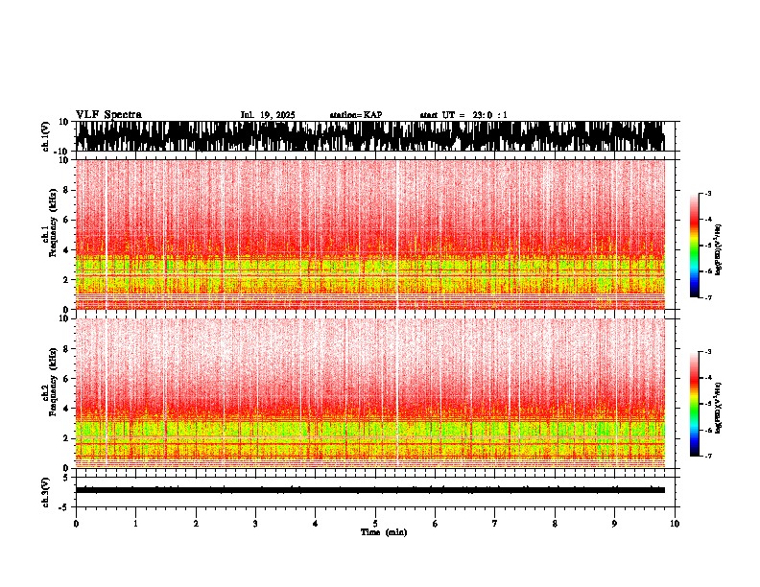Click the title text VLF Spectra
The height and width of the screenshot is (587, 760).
(x=108, y=115)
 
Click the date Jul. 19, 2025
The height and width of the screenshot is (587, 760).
(x=268, y=115)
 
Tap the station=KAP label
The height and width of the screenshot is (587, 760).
(x=356, y=115)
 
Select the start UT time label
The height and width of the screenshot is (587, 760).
(x=463, y=115)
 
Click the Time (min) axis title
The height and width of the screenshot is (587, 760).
(x=383, y=532)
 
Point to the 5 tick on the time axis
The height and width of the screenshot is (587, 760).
(x=375, y=524)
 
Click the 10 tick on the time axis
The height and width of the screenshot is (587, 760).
(x=675, y=524)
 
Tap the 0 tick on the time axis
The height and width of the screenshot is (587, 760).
(x=76, y=524)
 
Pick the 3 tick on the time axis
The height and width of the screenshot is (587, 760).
(x=255, y=524)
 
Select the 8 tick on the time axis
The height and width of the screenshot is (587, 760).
(x=555, y=524)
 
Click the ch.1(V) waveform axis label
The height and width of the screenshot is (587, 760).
(x=46, y=136)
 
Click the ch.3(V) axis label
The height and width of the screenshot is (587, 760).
(x=46, y=489)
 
